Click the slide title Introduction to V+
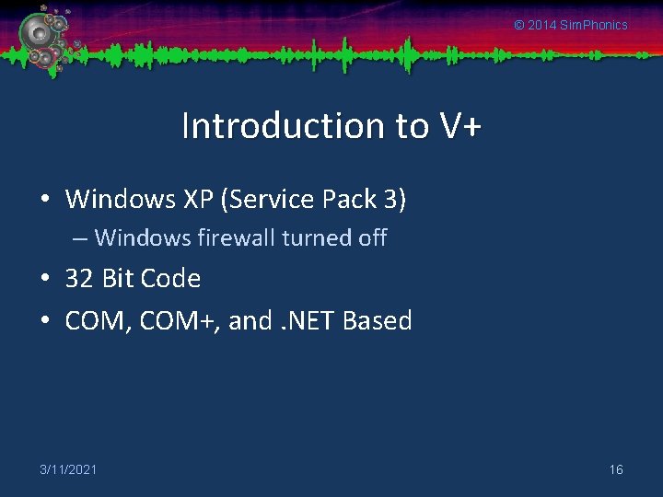(x=331, y=126)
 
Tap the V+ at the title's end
(x=459, y=126)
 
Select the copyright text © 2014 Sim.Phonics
(x=570, y=25)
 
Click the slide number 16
(x=615, y=470)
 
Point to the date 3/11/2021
(x=68, y=470)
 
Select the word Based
(x=378, y=321)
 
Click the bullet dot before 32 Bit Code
(x=44, y=279)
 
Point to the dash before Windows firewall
(x=80, y=238)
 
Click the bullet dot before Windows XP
(x=44, y=200)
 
